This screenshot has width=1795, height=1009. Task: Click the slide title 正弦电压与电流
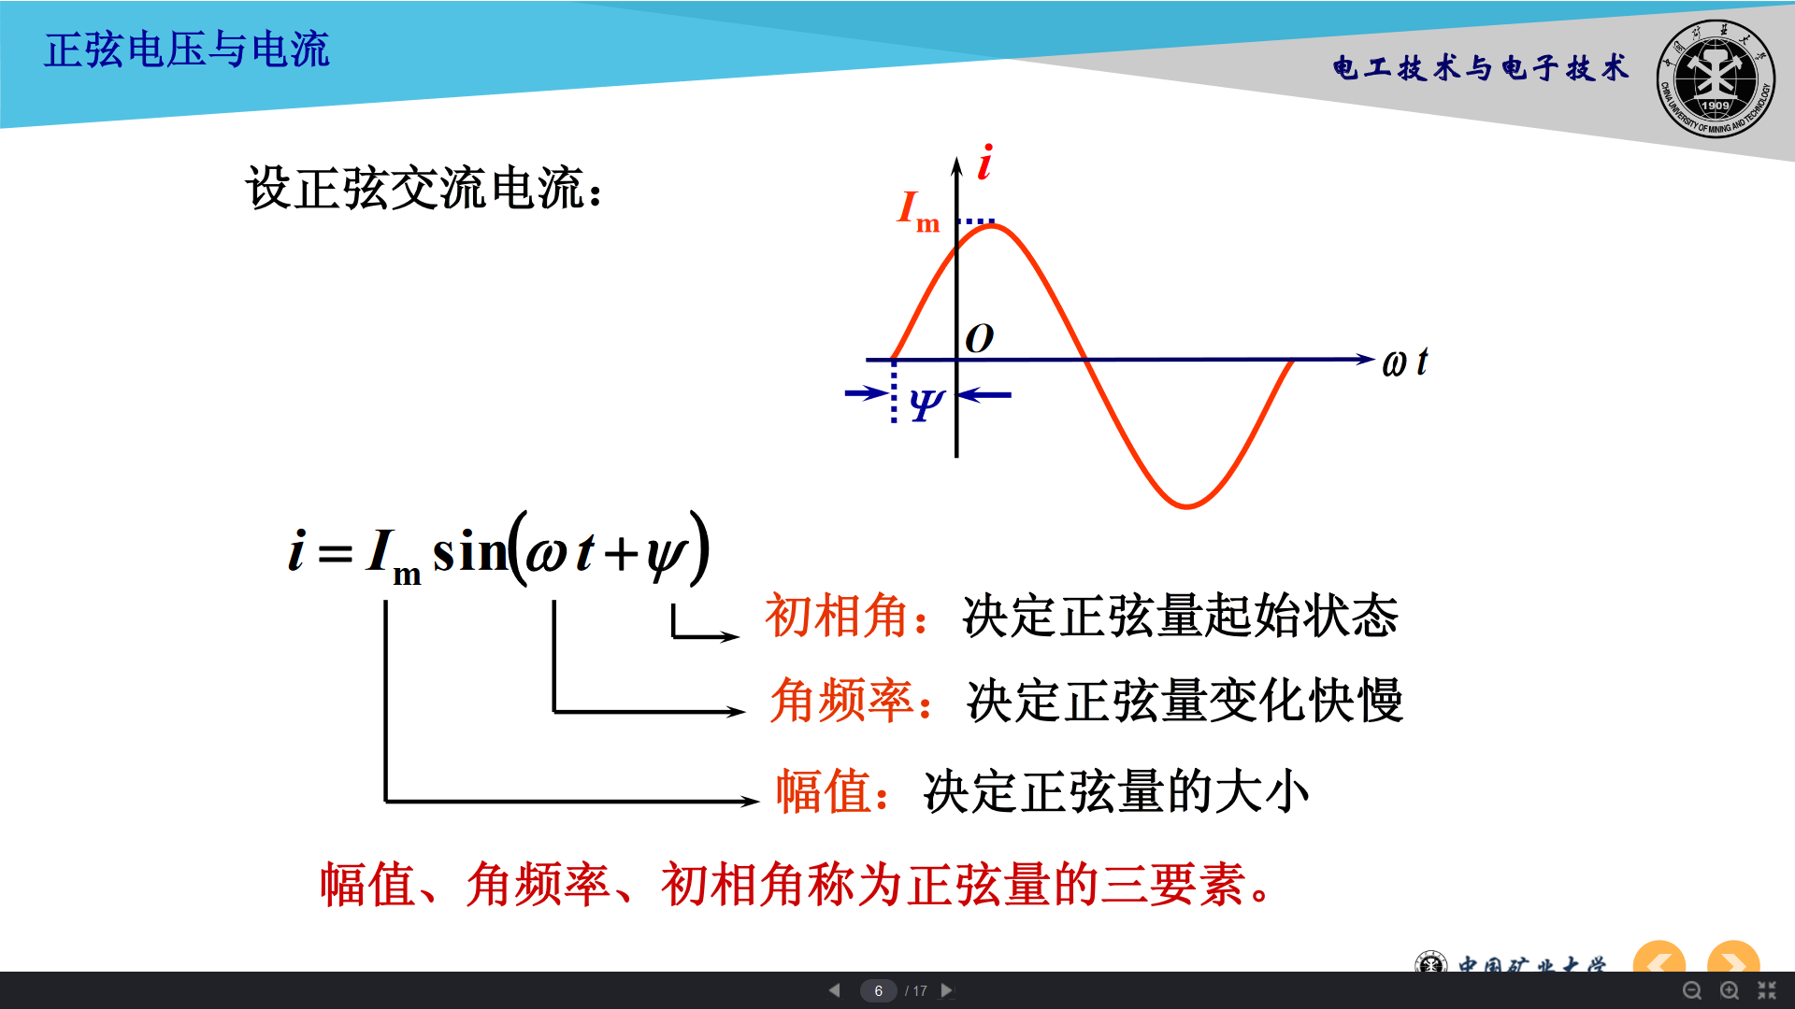(x=187, y=50)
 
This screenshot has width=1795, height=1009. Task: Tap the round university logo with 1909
(x=1716, y=79)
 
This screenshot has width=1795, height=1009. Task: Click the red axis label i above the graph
(x=984, y=163)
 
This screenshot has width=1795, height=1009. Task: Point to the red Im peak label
(x=918, y=210)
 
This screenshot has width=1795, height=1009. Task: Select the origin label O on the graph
(x=979, y=338)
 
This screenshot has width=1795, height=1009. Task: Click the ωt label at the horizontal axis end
(x=1405, y=362)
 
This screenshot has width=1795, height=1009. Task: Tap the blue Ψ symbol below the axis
(x=926, y=405)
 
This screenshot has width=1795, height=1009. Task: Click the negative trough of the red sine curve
(x=1186, y=505)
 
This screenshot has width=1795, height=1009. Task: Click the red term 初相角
(x=837, y=616)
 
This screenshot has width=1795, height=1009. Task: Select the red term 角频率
(x=841, y=701)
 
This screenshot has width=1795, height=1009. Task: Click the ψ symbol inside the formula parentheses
(x=666, y=557)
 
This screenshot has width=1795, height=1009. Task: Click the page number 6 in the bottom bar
(x=879, y=990)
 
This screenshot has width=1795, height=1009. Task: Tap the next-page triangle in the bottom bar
(x=947, y=990)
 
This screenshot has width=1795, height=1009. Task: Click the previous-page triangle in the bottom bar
(x=834, y=990)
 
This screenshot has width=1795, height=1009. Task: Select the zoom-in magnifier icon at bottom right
(x=1730, y=991)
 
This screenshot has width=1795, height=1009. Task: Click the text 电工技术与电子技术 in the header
(x=1481, y=68)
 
